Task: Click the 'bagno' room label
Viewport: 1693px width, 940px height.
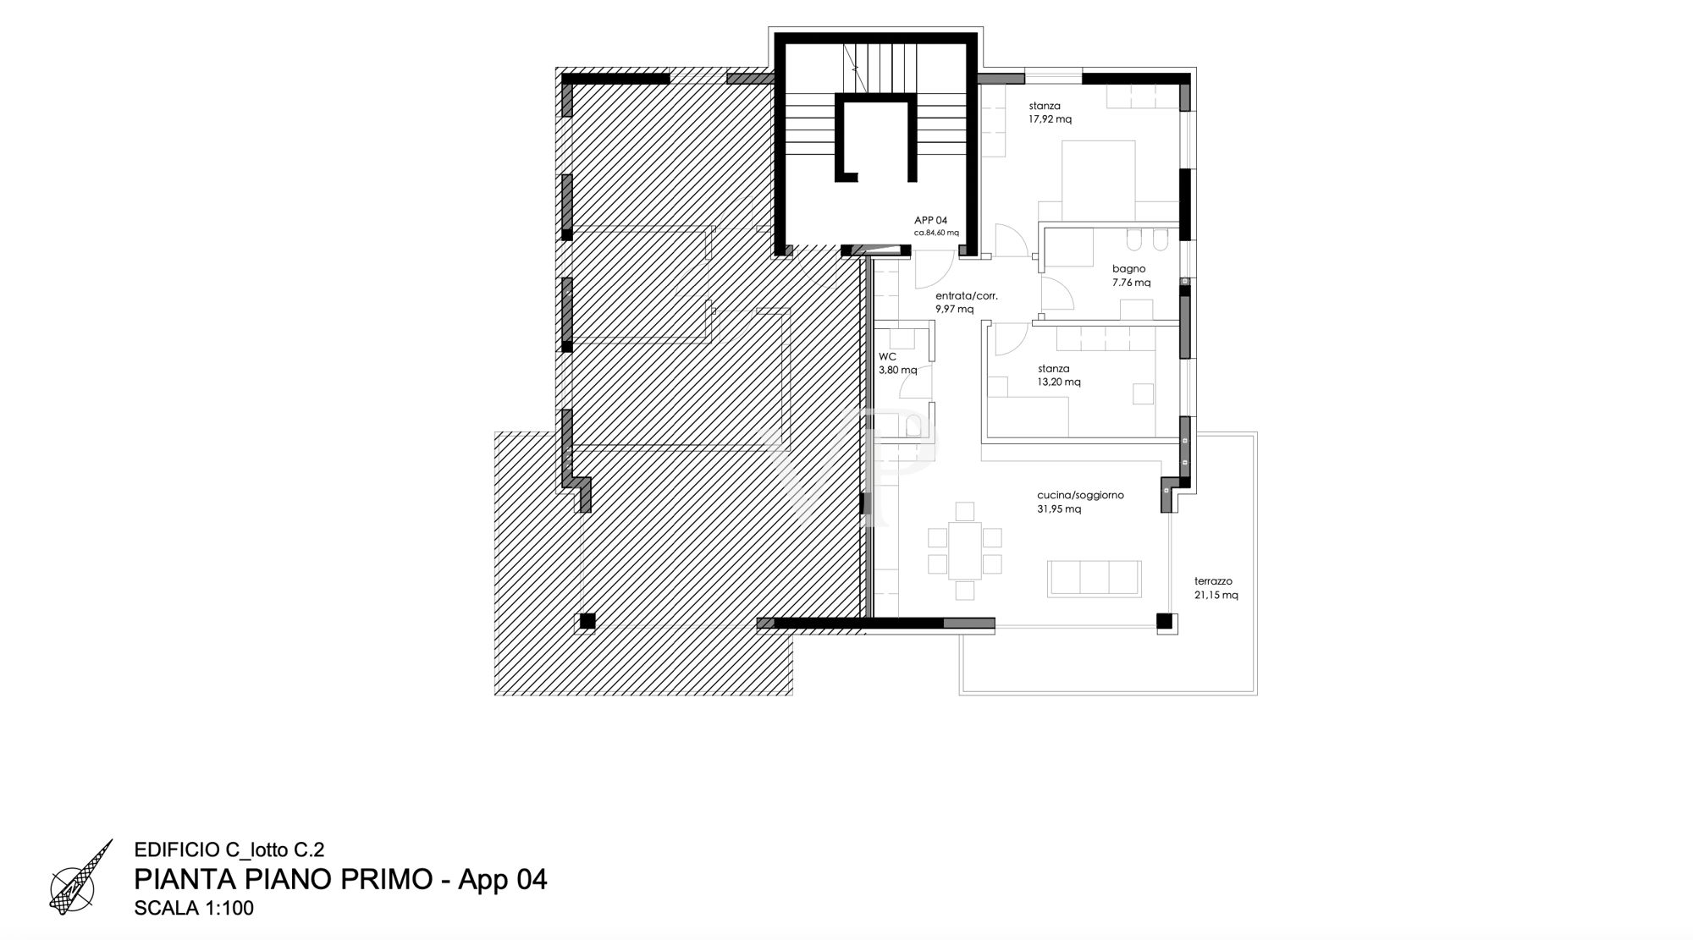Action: tap(1128, 269)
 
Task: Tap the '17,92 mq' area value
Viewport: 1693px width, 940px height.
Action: tap(1051, 119)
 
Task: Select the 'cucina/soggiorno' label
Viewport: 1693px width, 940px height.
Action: tap(1080, 495)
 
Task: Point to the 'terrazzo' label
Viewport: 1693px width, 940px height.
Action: tap(1213, 581)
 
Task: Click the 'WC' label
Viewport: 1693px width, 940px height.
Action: tap(887, 356)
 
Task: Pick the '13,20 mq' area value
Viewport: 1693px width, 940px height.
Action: tap(1059, 382)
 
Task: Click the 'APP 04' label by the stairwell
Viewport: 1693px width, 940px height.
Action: tap(930, 220)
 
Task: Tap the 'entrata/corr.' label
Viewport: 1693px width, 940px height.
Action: tap(967, 296)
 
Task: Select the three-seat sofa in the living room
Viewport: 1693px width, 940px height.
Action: tap(1095, 578)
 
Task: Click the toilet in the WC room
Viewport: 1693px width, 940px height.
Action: tap(913, 426)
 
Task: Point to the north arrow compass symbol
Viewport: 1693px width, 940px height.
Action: tap(81, 877)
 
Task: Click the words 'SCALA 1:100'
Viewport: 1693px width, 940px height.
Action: tap(194, 909)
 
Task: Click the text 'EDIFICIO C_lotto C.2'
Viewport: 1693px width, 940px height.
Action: tap(229, 850)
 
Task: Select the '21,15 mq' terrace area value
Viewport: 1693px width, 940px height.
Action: tap(1216, 595)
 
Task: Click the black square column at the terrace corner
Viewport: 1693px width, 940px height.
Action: tap(1165, 621)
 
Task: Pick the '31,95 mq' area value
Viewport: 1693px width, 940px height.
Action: tap(1059, 508)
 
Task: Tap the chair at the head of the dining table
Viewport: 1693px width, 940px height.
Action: tap(964, 511)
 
